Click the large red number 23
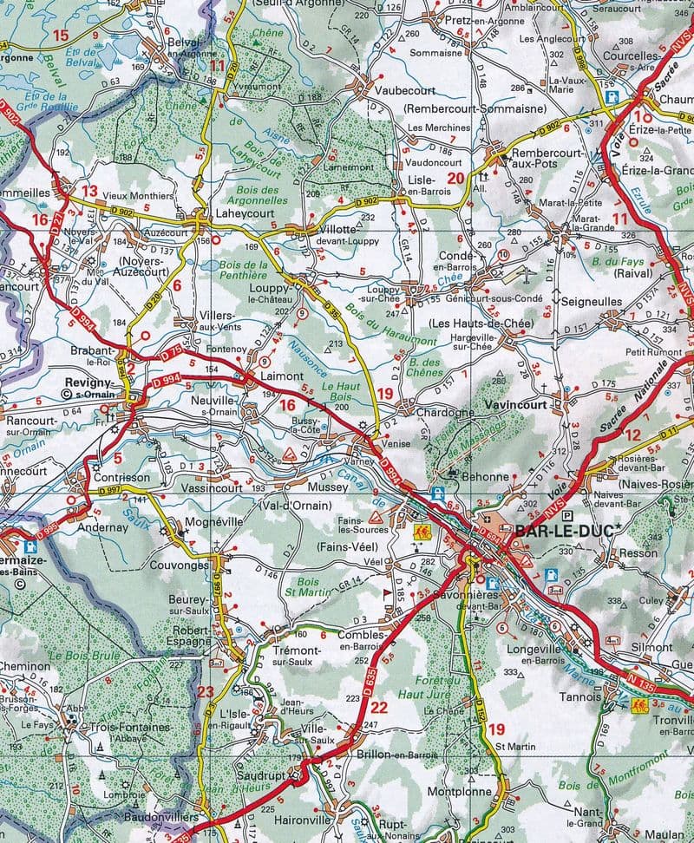point(205,690)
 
